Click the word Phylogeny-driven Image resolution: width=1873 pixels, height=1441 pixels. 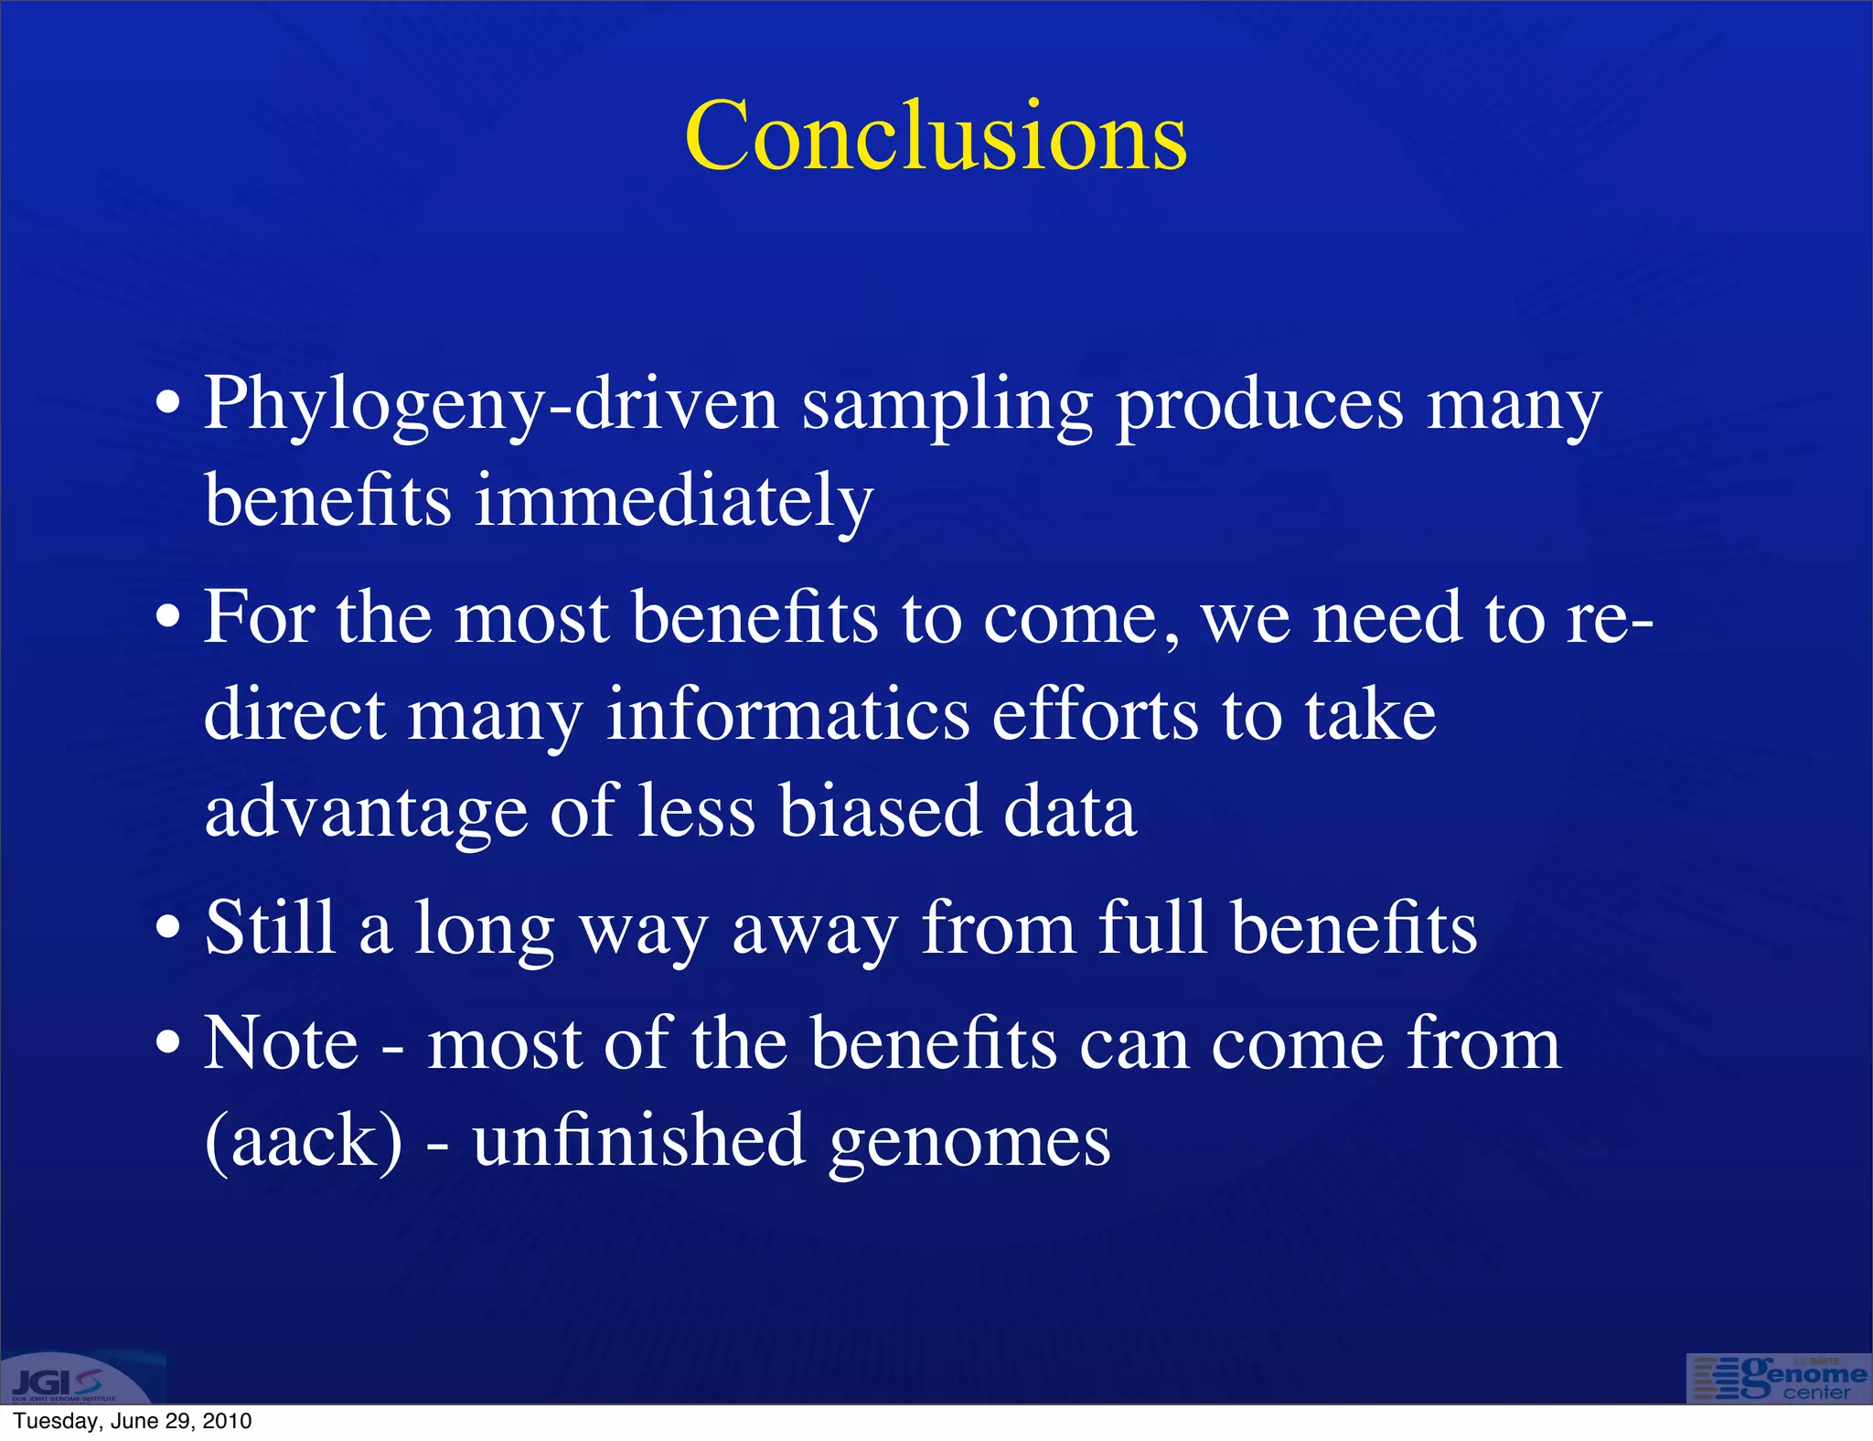491,405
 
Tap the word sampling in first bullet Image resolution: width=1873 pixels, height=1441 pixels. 947,405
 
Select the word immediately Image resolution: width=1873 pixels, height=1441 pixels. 674,501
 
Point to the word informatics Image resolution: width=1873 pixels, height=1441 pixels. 787,714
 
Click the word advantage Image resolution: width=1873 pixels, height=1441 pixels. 366,812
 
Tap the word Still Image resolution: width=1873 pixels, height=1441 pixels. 271,927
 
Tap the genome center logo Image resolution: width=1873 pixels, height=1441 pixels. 1778,1378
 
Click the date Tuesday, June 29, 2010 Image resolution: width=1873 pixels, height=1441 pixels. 133,1421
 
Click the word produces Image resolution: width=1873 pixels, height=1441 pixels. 1259,405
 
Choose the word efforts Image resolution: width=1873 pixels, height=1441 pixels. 1095,714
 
